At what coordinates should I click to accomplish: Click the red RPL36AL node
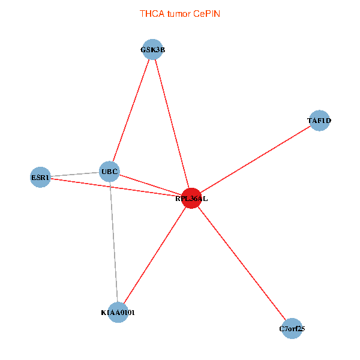191,199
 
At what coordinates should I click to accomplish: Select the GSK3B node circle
152,50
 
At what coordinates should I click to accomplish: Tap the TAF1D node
319,121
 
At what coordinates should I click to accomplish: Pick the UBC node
110,172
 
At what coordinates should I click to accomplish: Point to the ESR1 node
40,177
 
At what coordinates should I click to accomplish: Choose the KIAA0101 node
118,312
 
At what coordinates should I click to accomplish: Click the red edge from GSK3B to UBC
131,111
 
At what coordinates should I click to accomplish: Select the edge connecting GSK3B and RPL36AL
172,124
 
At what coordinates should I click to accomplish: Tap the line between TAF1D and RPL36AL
255,160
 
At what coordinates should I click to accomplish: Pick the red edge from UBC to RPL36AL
150,185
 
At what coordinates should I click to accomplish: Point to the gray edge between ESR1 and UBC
75,175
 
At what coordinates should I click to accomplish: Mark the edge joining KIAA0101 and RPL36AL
155,255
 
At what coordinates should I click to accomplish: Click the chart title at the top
180,13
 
